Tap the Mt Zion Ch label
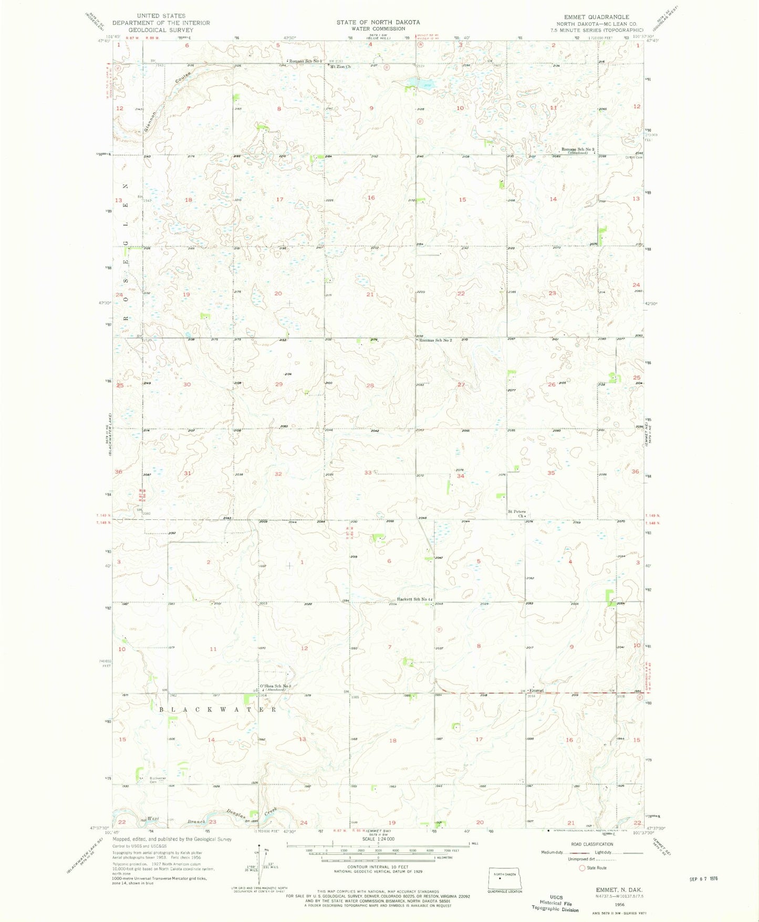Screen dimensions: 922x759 [x=340, y=67]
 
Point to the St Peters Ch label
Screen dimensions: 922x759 [x=517, y=514]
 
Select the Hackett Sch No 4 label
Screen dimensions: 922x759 [x=414, y=599]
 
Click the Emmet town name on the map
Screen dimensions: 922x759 [x=536, y=690]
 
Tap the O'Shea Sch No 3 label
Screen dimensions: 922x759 [x=275, y=686]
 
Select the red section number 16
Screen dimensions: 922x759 [x=371, y=198]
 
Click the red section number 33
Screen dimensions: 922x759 [x=369, y=473]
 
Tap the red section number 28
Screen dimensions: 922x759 [x=370, y=386]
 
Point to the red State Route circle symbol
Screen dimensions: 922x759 [x=581, y=868]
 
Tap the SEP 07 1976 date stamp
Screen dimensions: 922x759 [x=703, y=878]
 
